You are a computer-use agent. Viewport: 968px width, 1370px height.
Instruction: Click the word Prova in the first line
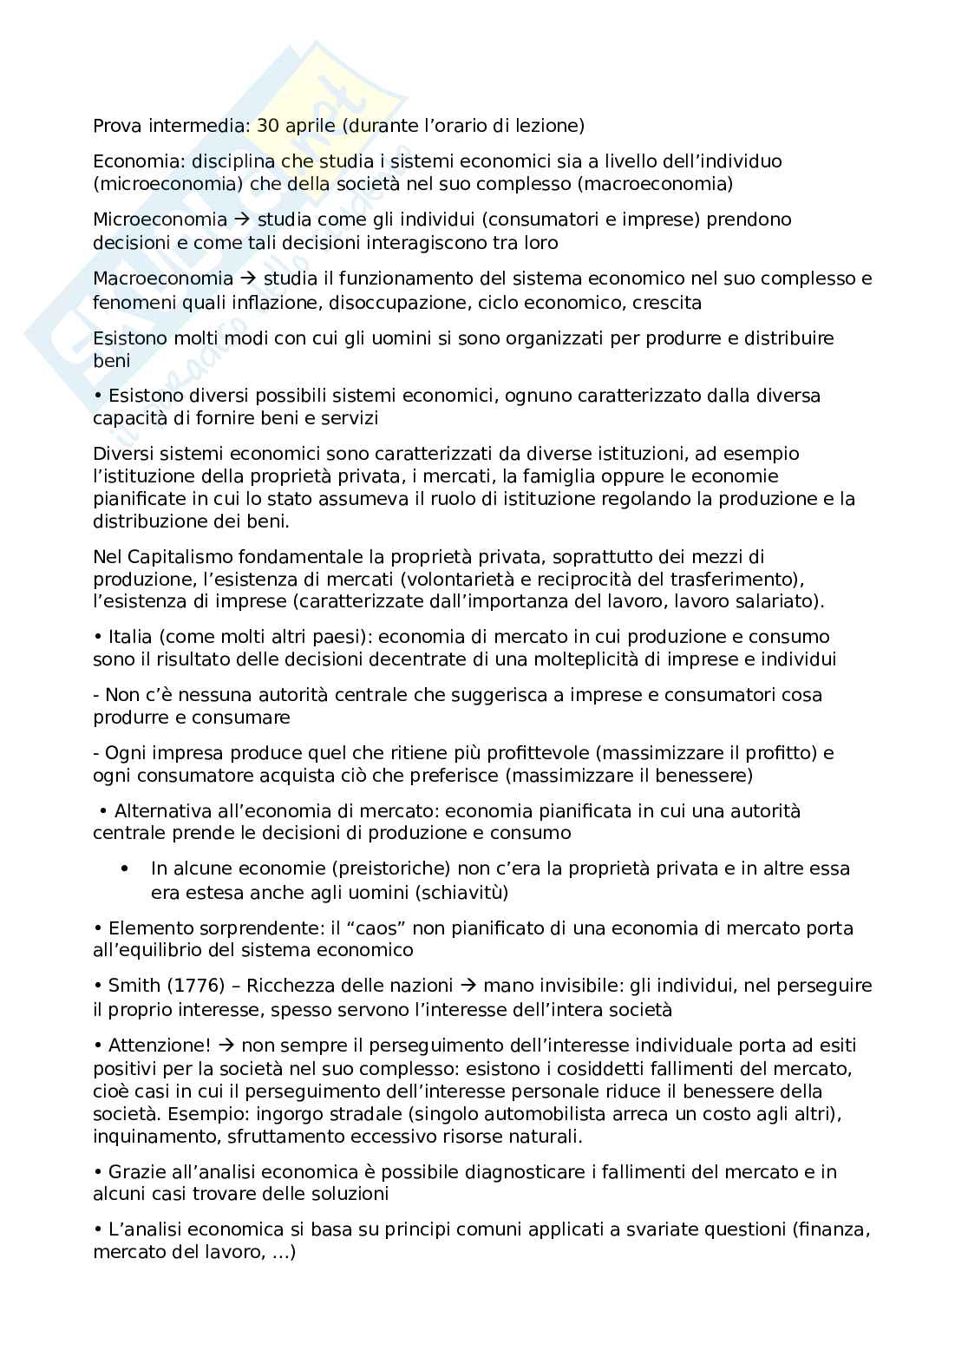tap(115, 126)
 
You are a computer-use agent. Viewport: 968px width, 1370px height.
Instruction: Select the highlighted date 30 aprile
tap(298, 126)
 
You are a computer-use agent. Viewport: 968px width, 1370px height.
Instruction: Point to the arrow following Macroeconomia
tap(248, 279)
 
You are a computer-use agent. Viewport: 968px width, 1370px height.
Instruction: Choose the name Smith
tap(134, 986)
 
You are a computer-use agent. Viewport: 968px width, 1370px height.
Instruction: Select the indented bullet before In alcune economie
tap(126, 869)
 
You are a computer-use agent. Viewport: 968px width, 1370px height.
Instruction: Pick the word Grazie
tap(134, 1172)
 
